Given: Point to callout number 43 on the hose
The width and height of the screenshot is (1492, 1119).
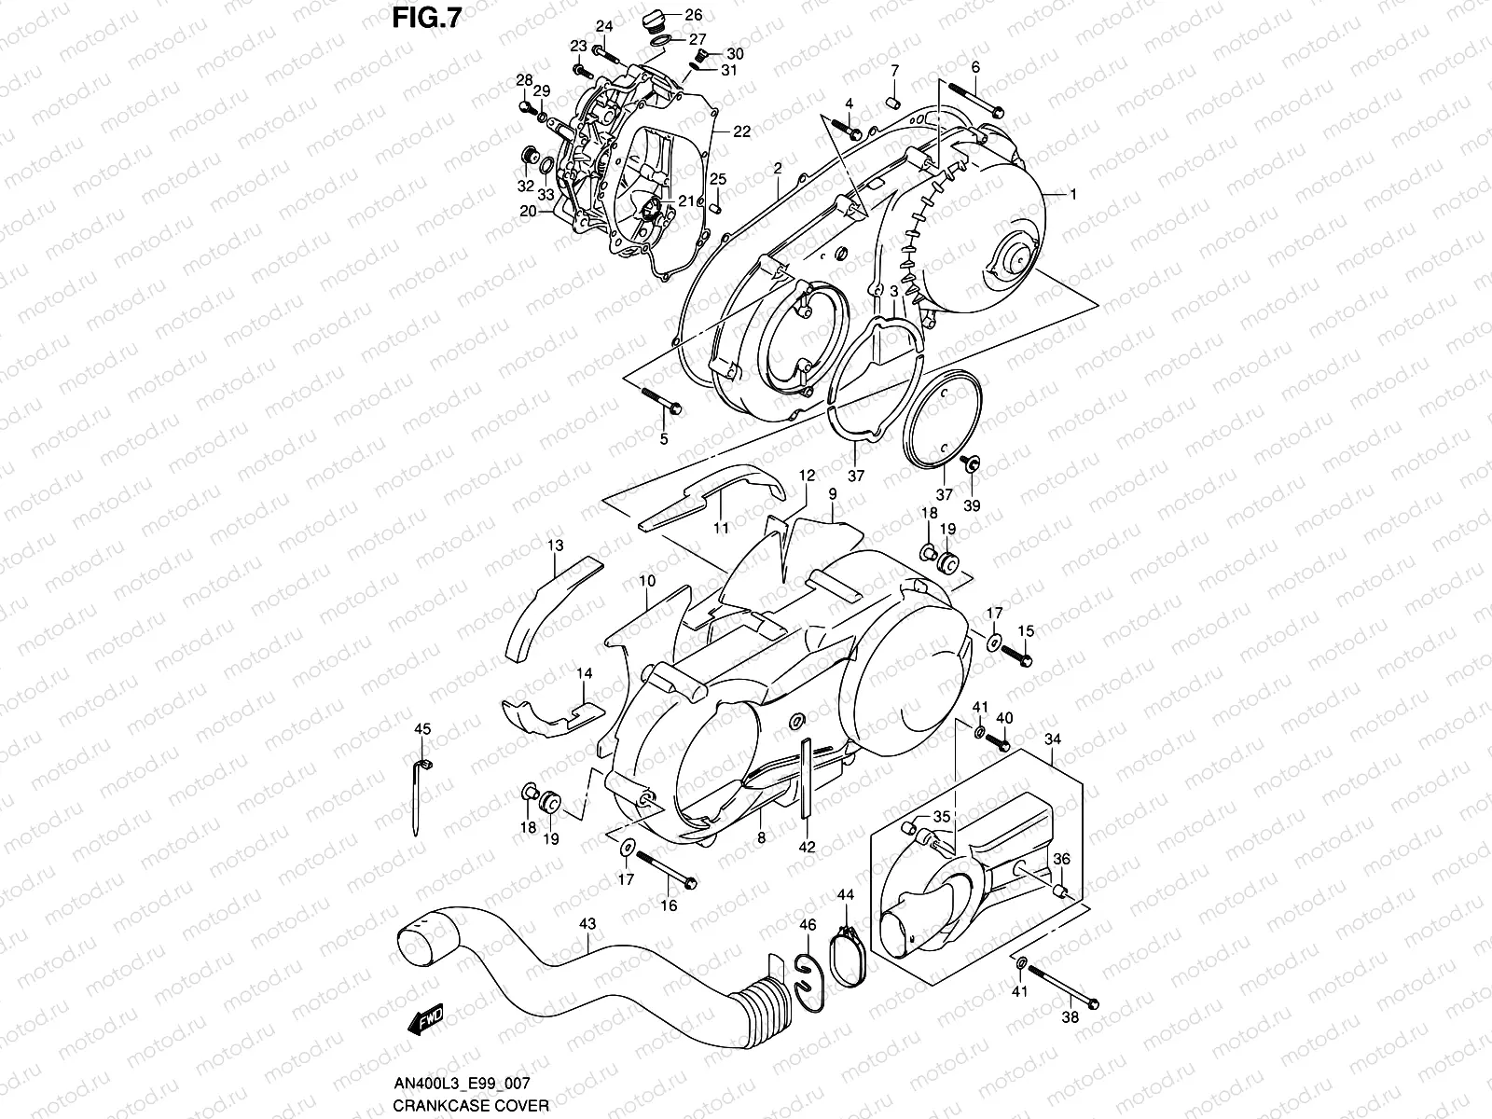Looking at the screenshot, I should pyautogui.click(x=587, y=923).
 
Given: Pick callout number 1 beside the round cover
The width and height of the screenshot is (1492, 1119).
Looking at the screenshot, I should pyautogui.click(x=1072, y=195).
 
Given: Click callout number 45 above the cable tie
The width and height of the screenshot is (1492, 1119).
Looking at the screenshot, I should pyautogui.click(x=422, y=729).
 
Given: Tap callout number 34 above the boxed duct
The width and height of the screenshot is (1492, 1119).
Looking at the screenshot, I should pyautogui.click(x=1053, y=739).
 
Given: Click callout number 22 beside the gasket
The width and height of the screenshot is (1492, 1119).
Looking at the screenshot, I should pyautogui.click(x=741, y=131).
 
